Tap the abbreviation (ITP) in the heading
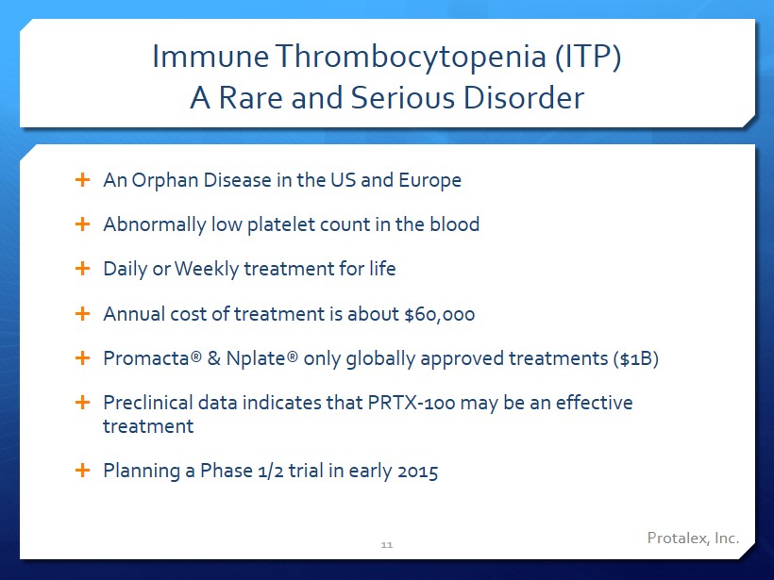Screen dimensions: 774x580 [x=588, y=57]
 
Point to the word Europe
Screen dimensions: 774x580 [x=429, y=180]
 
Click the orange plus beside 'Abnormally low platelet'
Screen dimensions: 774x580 [x=82, y=224]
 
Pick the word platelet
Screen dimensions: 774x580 [x=281, y=224]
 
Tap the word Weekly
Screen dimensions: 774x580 [x=207, y=270]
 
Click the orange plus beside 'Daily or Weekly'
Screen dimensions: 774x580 [x=82, y=269]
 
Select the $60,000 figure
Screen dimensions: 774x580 [x=439, y=314]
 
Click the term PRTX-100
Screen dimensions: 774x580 [x=412, y=403]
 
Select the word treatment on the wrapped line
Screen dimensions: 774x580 [x=148, y=426]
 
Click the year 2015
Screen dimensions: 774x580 [x=417, y=472]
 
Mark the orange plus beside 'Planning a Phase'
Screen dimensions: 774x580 [x=82, y=470]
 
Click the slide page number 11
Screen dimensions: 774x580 [x=386, y=545]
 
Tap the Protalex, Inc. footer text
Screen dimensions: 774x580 [x=693, y=539]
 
